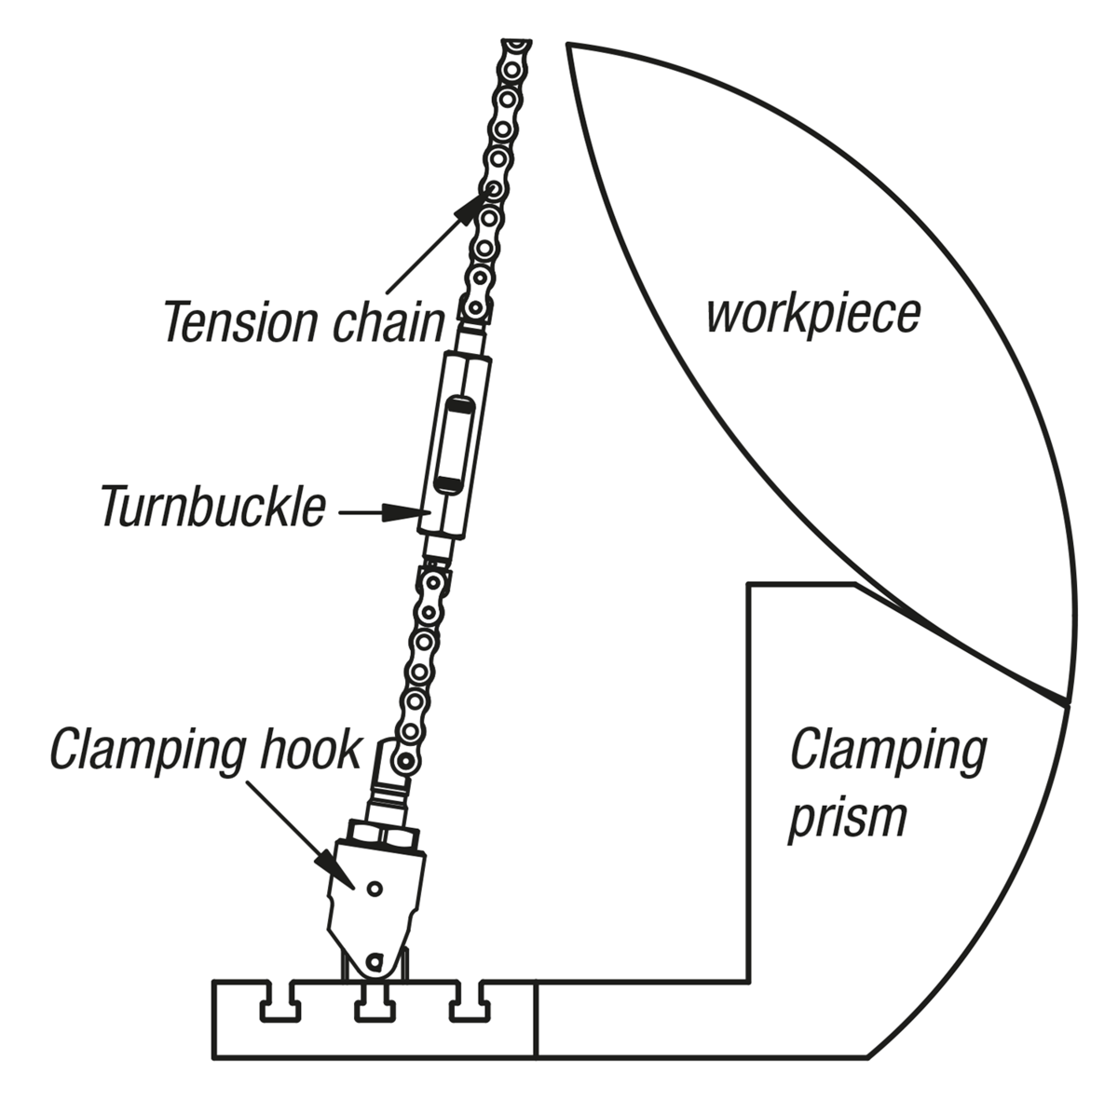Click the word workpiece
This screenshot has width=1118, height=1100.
coord(812,317)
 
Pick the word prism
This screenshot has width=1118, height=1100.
coord(847,817)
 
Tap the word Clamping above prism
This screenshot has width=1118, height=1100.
coord(887,751)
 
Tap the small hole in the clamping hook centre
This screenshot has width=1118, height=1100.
coord(374,888)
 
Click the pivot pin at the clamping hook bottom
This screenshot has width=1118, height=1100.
coord(375,959)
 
